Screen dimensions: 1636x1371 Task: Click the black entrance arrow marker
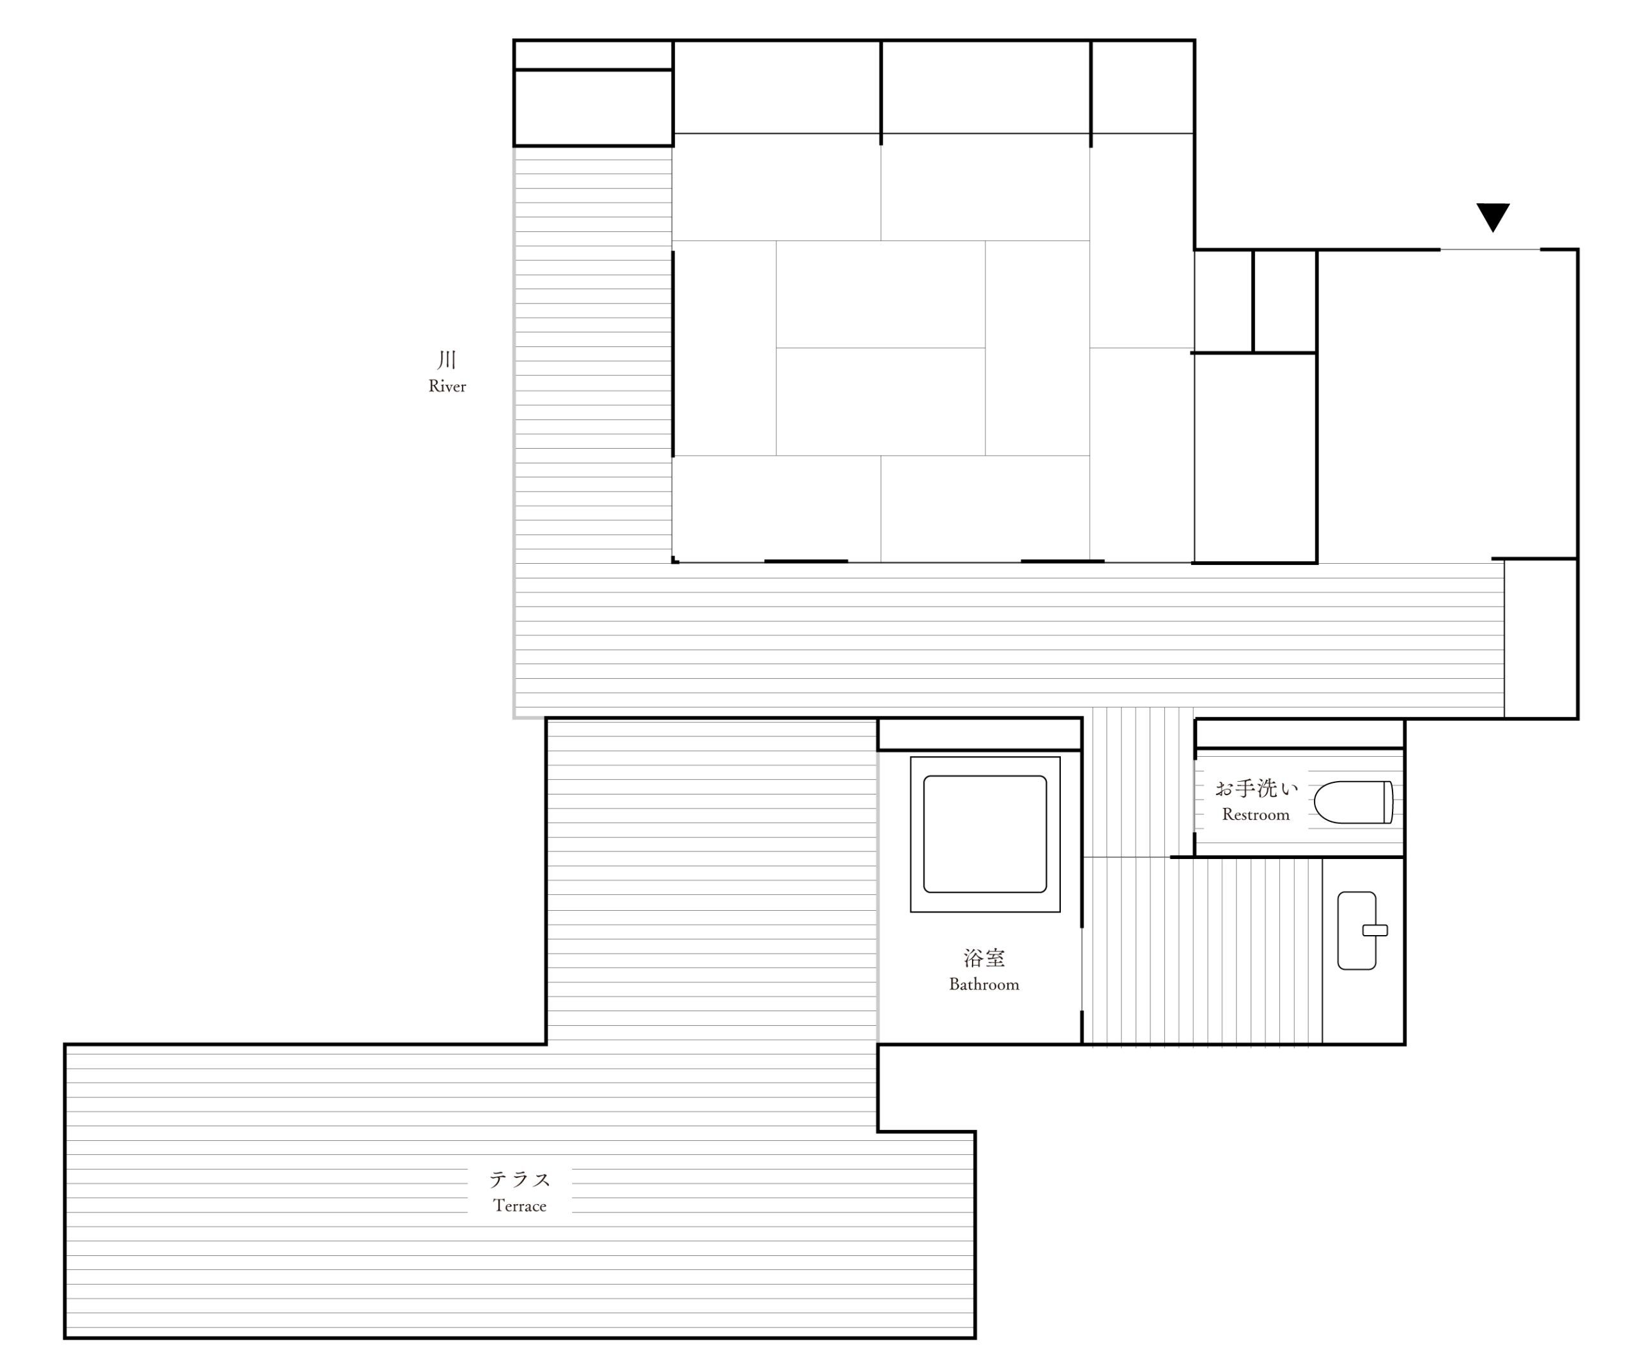tap(1493, 217)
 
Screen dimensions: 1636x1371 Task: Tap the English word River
tap(447, 386)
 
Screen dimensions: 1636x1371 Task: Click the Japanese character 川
tap(447, 359)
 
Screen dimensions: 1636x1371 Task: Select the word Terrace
tap(520, 1206)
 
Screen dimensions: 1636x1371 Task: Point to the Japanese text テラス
tap(520, 1179)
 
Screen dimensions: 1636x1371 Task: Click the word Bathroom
tap(984, 984)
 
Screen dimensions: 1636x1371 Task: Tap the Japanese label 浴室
tap(984, 957)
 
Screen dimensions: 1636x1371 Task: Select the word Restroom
tap(1255, 815)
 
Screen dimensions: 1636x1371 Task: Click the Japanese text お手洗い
tap(1256, 788)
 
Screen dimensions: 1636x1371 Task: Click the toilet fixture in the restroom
tap(1353, 802)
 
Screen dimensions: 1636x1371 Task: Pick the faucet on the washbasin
tap(1375, 930)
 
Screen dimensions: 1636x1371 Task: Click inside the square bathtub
tap(985, 833)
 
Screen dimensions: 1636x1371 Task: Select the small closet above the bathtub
tap(979, 734)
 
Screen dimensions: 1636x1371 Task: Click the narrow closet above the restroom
tap(1299, 734)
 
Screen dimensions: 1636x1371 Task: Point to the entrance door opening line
tap(1490, 249)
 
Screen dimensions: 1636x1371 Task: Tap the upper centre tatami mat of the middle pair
tap(881, 295)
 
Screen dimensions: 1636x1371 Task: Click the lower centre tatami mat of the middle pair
tap(881, 401)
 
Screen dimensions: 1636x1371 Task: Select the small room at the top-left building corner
tap(593, 107)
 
